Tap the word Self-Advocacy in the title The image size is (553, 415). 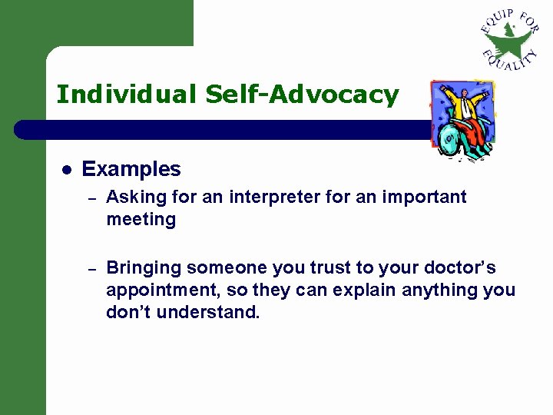pyautogui.click(x=302, y=95)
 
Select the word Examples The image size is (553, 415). pyautogui.click(x=131, y=169)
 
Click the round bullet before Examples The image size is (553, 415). pyautogui.click(x=67, y=170)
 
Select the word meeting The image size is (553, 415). pyautogui.click(x=141, y=220)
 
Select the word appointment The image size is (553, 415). pyautogui.click(x=157, y=291)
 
